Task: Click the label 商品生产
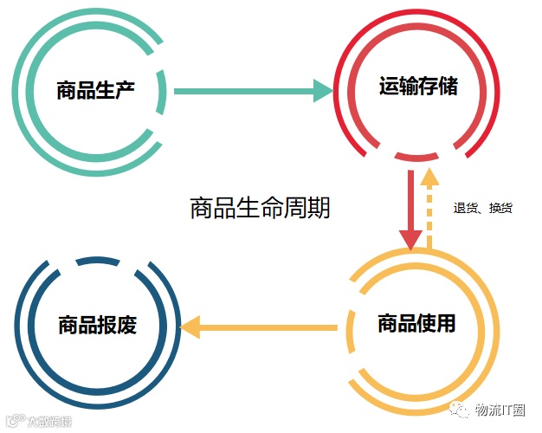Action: click(x=95, y=90)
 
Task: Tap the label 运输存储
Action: click(x=418, y=87)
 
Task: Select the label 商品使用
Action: click(x=416, y=325)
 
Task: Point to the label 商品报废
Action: click(x=97, y=326)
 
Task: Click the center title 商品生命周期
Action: click(x=260, y=209)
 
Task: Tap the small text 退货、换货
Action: click(x=483, y=209)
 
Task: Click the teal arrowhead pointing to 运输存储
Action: click(x=321, y=90)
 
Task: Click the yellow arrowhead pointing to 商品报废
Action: click(x=190, y=327)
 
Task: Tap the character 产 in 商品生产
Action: click(x=125, y=90)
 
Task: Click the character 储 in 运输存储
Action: click(x=448, y=87)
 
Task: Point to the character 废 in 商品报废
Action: click(x=126, y=326)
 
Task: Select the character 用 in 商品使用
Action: click(x=446, y=325)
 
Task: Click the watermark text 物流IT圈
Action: click(x=500, y=410)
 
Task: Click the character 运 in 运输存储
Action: click(x=389, y=87)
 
